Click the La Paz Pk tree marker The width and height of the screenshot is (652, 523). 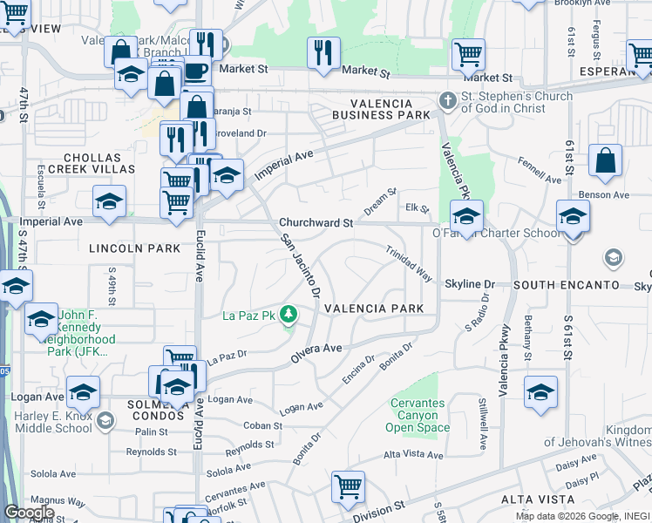(289, 315)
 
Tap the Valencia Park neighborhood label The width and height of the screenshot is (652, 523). (374, 309)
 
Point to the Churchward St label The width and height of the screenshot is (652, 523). (316, 222)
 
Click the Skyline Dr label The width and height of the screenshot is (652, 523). (470, 284)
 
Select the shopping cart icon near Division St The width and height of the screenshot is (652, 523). (348, 486)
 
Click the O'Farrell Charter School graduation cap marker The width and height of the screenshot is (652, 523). (466, 216)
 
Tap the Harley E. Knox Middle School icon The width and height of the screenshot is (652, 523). (105, 422)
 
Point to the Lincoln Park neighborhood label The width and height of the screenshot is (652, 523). (122, 248)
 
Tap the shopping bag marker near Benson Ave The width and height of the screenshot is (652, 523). (605, 161)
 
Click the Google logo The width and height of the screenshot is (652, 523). (30, 513)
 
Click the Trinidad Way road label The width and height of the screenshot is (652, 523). (410, 262)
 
